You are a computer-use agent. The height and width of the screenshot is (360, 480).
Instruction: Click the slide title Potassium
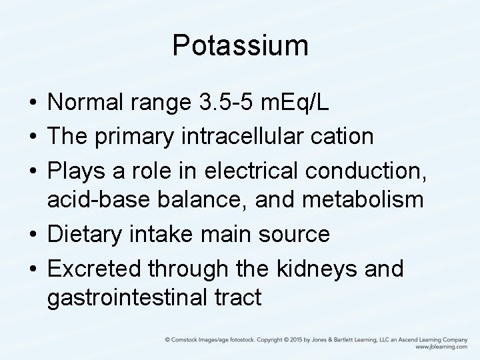(240, 46)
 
